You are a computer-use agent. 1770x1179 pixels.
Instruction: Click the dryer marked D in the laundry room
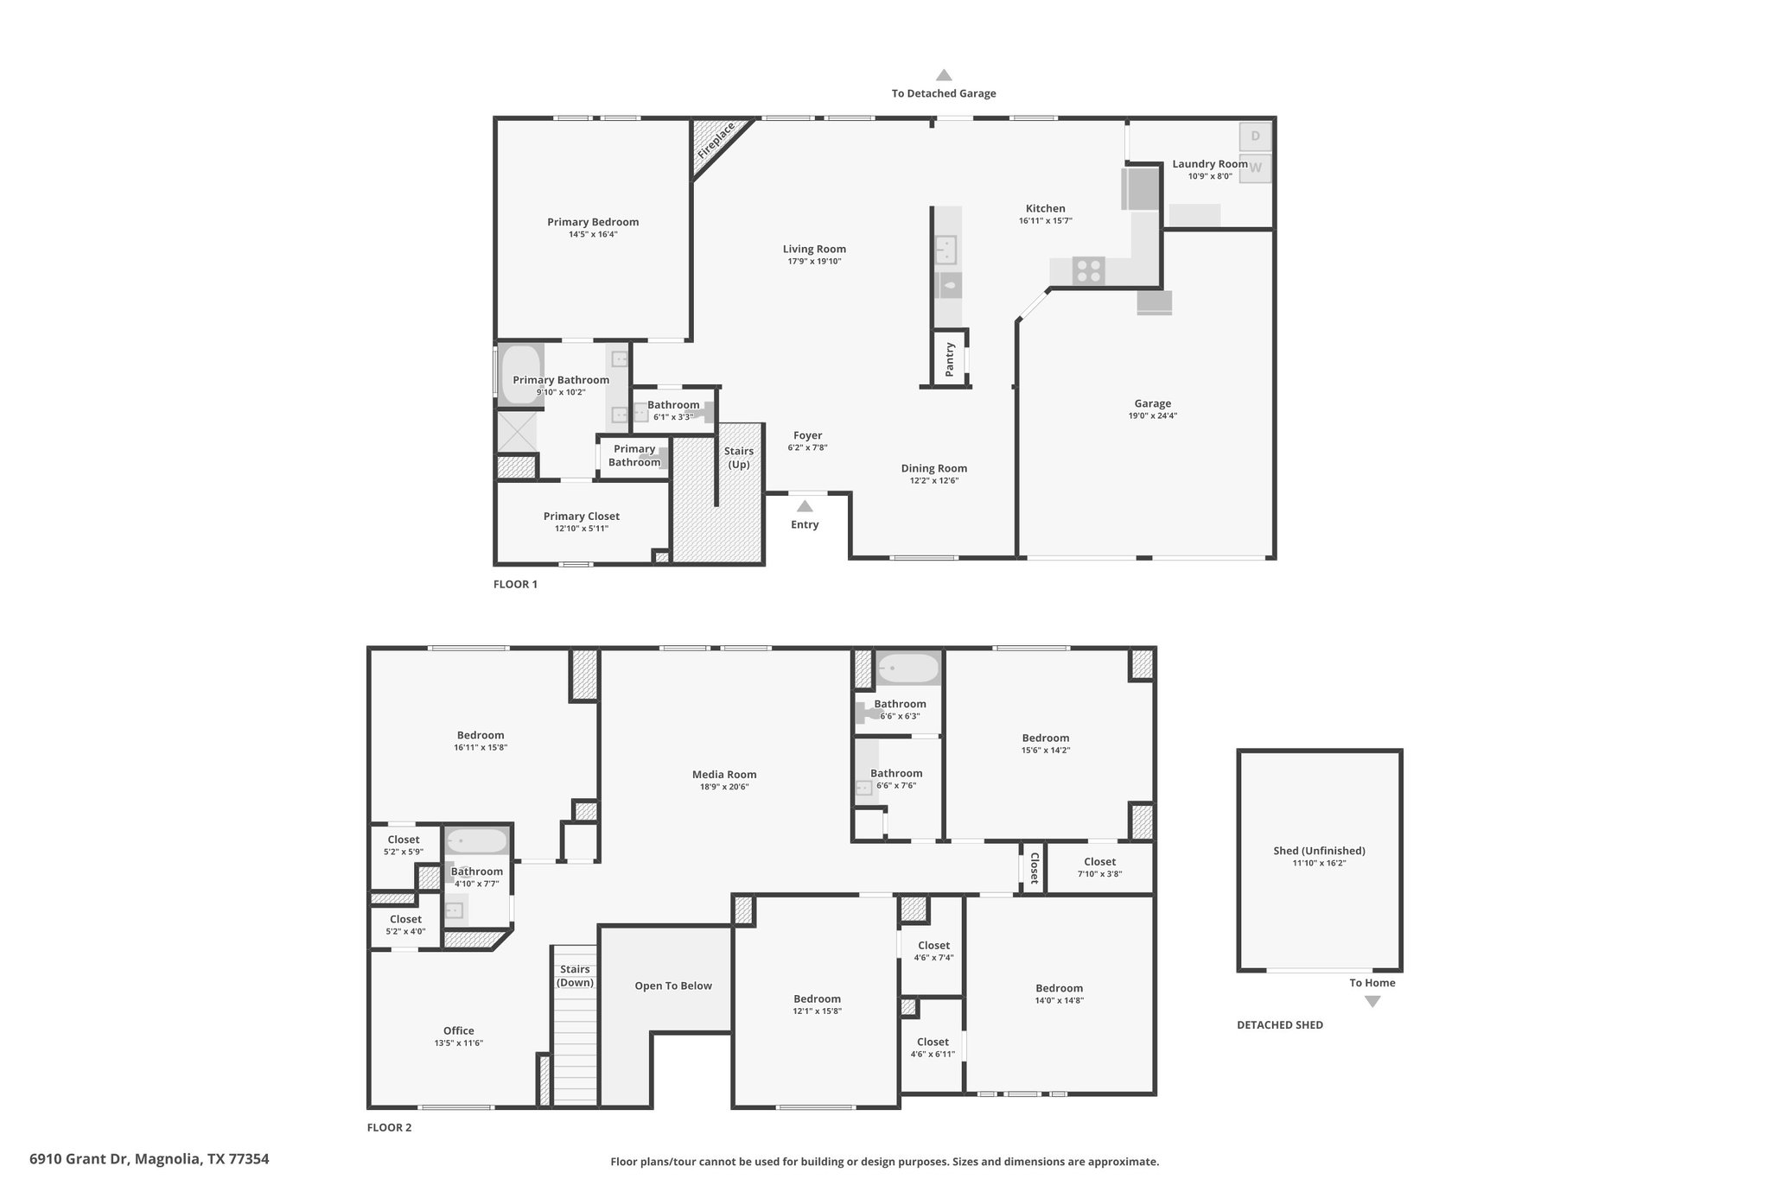click(x=1255, y=136)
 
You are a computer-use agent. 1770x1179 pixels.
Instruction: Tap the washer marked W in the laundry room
click(x=1255, y=168)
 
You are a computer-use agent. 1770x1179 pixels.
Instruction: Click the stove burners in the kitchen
click(x=1088, y=270)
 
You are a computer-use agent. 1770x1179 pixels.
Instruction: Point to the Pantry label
click(x=950, y=358)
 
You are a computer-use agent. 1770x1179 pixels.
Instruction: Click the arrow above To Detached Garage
click(x=944, y=75)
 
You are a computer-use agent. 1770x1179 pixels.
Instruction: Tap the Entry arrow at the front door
click(x=805, y=506)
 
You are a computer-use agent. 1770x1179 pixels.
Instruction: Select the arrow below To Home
click(x=1372, y=1002)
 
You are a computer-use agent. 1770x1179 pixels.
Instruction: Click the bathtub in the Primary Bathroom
click(x=520, y=374)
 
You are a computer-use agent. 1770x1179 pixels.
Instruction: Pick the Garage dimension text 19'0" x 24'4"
click(x=1153, y=415)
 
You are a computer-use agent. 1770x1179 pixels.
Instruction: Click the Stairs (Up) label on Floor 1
click(x=739, y=458)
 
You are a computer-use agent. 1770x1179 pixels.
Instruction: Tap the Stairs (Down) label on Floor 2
click(x=575, y=976)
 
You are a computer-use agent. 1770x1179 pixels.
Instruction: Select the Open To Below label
click(x=673, y=986)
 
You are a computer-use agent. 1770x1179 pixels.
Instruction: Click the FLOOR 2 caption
click(x=389, y=1127)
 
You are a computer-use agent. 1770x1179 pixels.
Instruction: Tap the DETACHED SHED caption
click(x=1280, y=1025)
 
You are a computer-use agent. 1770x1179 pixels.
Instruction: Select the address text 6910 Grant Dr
click(x=79, y=1158)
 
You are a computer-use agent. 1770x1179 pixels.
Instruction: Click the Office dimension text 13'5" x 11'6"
click(x=459, y=1043)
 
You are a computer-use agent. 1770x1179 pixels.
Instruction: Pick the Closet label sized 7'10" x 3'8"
click(x=1099, y=861)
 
